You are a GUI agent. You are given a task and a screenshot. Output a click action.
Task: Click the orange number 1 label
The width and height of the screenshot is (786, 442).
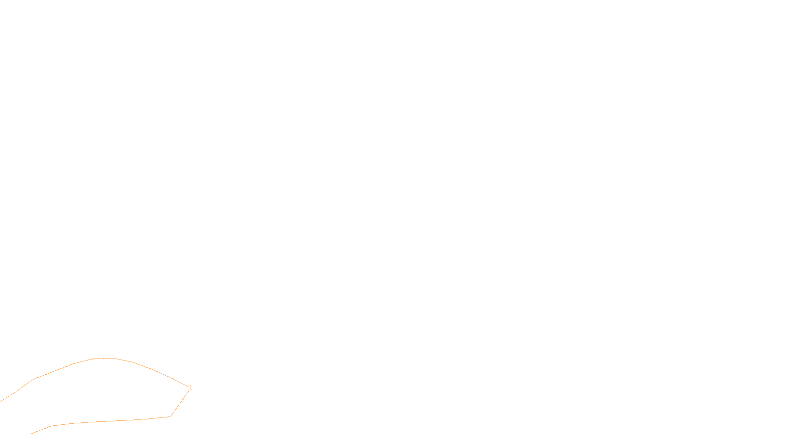(x=191, y=387)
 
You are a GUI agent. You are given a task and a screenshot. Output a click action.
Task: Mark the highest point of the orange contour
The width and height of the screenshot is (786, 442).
(x=103, y=359)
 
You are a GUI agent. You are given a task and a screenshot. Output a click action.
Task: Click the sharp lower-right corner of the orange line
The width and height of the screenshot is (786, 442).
(x=170, y=416)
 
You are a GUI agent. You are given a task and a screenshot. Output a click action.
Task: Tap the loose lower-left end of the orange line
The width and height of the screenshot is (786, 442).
(x=31, y=434)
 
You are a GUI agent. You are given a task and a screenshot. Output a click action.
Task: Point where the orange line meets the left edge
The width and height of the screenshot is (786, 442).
(x=0, y=401)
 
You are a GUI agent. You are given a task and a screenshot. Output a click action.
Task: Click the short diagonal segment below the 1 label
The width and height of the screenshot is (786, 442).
(x=180, y=403)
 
